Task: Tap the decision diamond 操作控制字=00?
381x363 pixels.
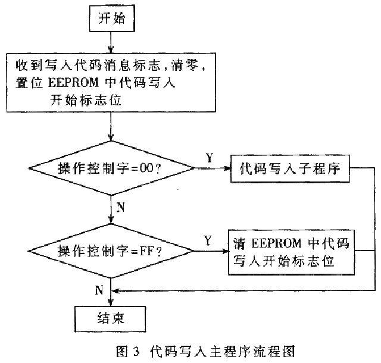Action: click(111, 169)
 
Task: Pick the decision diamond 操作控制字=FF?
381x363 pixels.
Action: click(111, 251)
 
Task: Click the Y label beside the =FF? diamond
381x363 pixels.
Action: click(208, 240)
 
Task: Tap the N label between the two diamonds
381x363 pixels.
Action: click(120, 206)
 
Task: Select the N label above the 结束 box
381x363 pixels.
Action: click(99, 290)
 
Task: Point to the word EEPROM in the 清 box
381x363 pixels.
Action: click(274, 244)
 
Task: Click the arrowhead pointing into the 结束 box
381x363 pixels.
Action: click(111, 302)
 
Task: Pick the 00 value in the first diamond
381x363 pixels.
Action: click(146, 170)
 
